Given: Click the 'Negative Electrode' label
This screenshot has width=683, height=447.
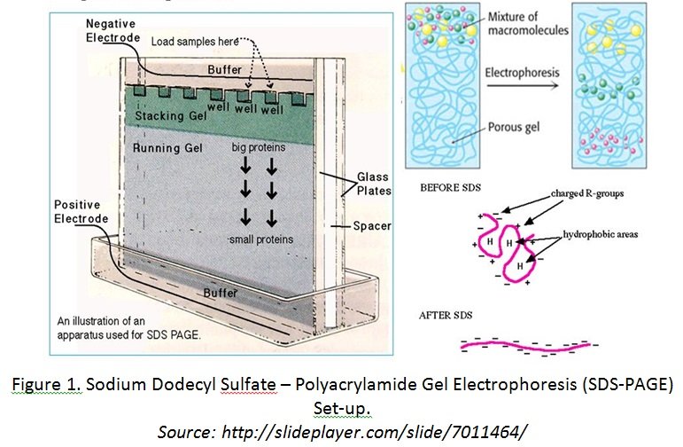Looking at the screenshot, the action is (113, 30).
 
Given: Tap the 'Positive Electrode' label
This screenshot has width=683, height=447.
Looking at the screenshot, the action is (81, 211).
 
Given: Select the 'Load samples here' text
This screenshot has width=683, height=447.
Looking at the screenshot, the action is (195, 42).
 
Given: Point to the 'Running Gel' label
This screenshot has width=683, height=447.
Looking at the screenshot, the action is (167, 148).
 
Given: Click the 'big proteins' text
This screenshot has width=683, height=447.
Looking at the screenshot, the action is (259, 147).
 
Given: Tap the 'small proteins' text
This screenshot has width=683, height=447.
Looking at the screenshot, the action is (261, 239).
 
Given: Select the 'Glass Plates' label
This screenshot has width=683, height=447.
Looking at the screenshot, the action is (374, 184).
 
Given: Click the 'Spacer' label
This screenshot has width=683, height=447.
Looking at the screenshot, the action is (372, 226).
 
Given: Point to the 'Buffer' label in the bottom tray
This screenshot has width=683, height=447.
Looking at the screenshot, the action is (221, 293).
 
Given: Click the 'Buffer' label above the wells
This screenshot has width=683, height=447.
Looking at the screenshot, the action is (224, 70).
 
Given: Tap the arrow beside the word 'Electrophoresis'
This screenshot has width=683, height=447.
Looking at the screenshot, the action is (523, 85).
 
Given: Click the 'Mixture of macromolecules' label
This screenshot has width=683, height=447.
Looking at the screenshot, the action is (528, 23).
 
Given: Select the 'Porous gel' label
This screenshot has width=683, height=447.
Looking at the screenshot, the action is (514, 127).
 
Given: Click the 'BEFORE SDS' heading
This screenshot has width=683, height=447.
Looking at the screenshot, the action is (450, 188).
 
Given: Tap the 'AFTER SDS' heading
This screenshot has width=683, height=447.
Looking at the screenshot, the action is (446, 316).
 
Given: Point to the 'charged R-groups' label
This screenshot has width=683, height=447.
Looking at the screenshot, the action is (587, 193).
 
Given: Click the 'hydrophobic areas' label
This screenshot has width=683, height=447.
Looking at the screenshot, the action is (601, 234).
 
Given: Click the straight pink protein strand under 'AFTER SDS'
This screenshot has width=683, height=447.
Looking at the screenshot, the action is (525, 346).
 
